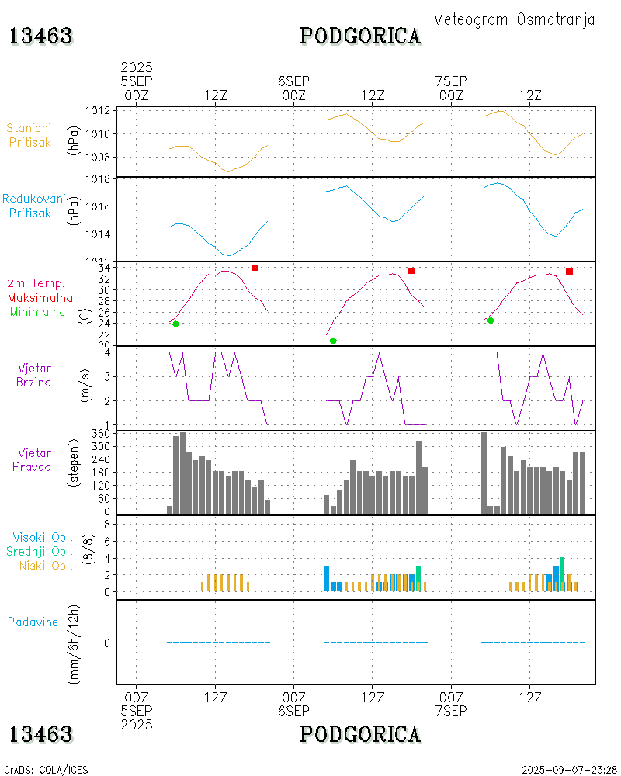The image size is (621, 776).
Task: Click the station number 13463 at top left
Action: (x=41, y=36)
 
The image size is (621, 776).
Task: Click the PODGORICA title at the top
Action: (x=360, y=36)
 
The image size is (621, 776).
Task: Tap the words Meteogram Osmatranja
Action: (x=514, y=19)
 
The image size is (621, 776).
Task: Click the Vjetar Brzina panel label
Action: (x=35, y=374)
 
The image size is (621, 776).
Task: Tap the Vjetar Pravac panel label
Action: (x=35, y=459)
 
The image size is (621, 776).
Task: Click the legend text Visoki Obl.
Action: (x=42, y=537)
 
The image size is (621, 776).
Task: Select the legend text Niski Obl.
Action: (x=46, y=565)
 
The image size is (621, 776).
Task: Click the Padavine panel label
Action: (x=33, y=622)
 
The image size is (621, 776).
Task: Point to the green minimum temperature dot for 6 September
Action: (x=333, y=341)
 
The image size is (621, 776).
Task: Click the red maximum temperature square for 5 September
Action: (x=255, y=268)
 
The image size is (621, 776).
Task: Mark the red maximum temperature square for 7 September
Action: (x=570, y=272)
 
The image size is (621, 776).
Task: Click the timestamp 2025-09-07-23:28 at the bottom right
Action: (x=570, y=770)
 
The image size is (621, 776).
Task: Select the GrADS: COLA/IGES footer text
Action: (x=46, y=770)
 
